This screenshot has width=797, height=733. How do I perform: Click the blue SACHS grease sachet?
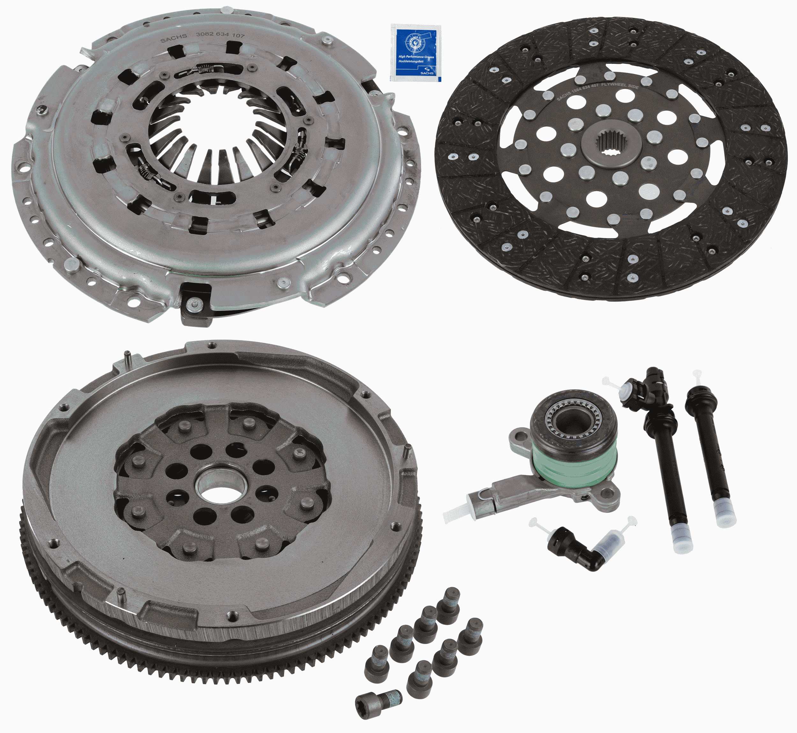pyautogui.click(x=415, y=52)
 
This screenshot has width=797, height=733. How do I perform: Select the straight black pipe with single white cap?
pyautogui.click(x=711, y=452)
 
